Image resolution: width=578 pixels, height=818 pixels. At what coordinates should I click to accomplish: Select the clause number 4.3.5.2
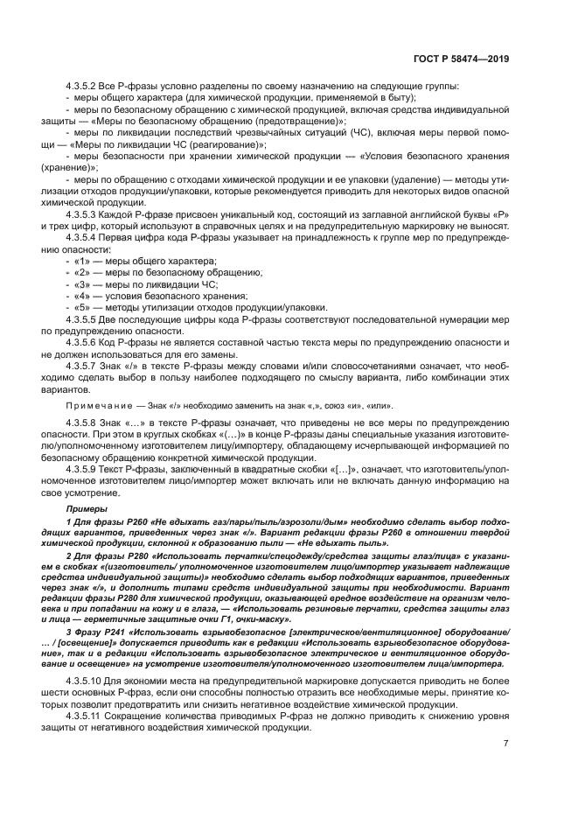point(83,87)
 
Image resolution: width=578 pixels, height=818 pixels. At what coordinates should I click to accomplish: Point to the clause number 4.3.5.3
point(83,213)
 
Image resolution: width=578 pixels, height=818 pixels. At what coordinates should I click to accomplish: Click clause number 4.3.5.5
point(83,320)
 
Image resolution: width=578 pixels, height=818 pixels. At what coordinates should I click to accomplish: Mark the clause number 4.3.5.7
point(83,365)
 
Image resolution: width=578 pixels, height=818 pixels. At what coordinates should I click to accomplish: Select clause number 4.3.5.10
point(86,678)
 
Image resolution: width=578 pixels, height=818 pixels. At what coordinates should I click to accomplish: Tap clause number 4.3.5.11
point(86,712)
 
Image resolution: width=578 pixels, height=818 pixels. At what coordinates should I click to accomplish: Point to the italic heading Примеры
point(83,509)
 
